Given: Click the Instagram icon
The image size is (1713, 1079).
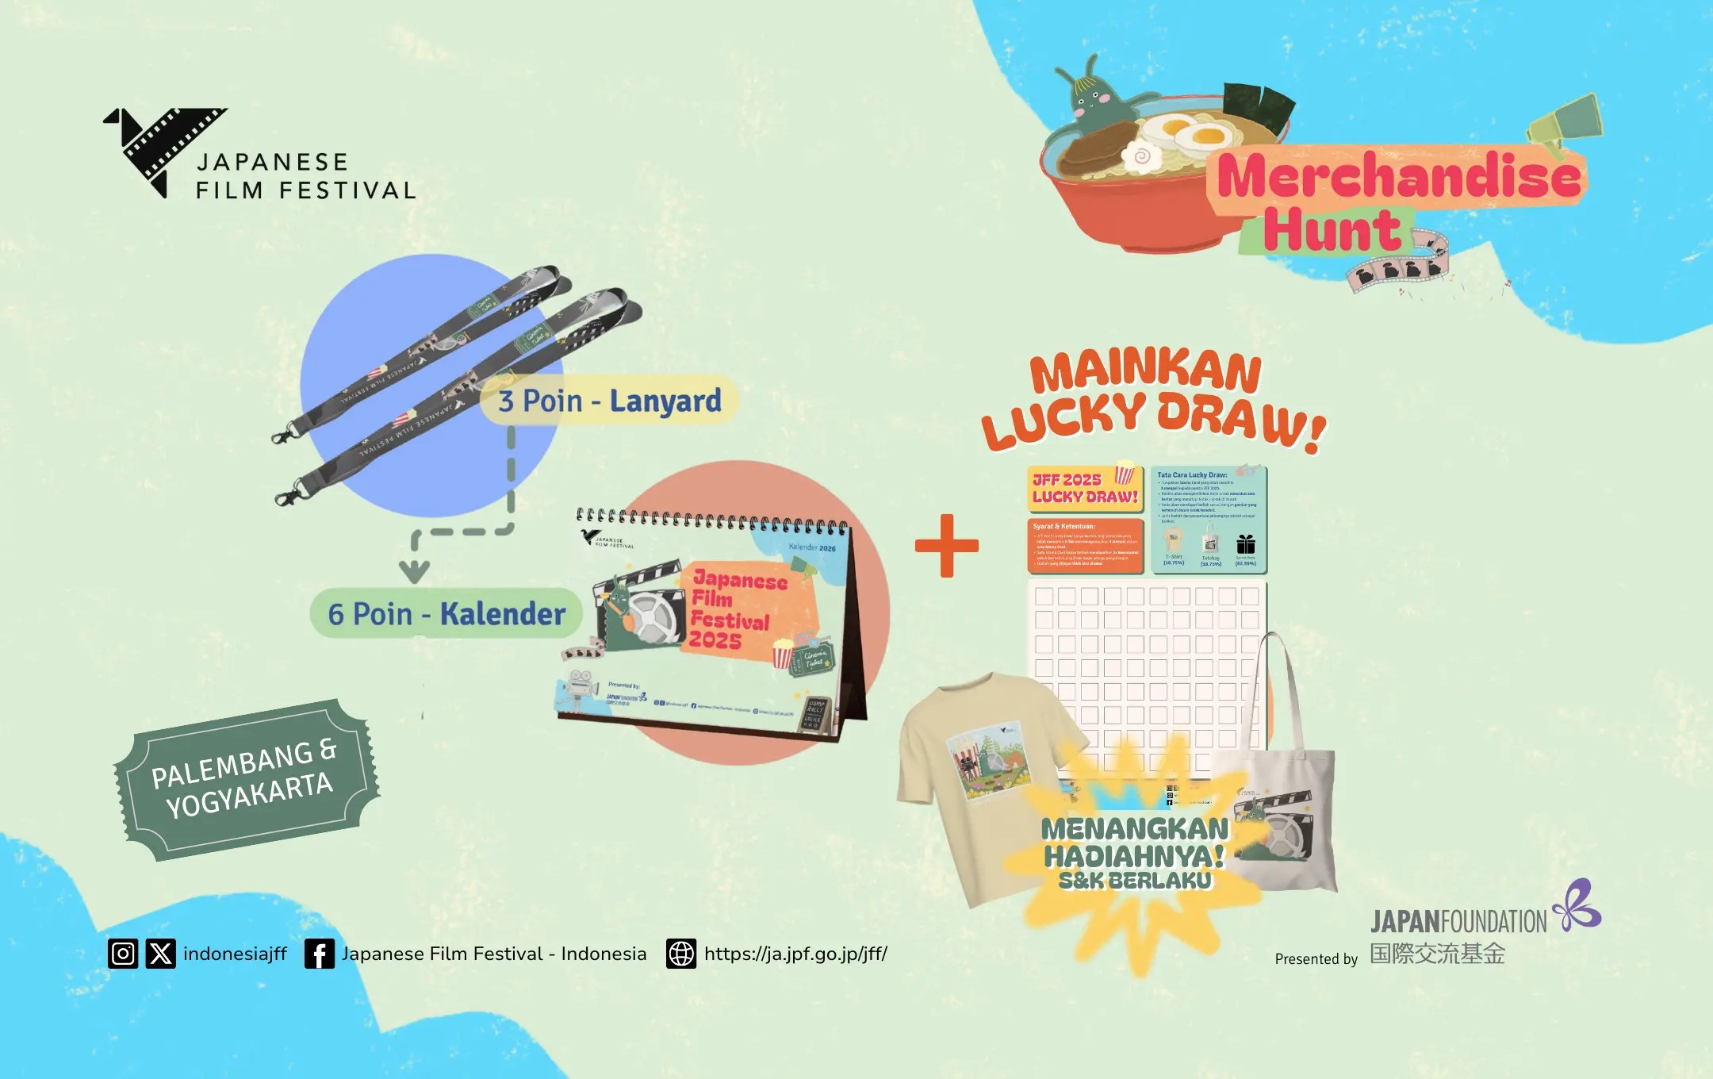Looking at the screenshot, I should click(123, 953).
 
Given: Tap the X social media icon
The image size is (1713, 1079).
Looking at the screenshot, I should click(161, 953).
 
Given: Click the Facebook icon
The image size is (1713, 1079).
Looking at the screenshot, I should click(319, 954).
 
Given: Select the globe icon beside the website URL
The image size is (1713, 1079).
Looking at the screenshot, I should click(680, 954).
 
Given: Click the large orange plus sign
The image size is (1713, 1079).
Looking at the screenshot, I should click(946, 546).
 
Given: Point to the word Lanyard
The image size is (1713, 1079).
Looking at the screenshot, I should click(665, 401).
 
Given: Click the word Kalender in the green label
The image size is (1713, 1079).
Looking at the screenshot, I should click(503, 614).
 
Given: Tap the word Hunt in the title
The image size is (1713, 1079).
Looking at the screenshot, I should click(1332, 232).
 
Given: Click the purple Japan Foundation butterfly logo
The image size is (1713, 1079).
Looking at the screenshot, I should click(1578, 906).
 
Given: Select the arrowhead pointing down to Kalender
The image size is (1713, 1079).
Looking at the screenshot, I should click(414, 570).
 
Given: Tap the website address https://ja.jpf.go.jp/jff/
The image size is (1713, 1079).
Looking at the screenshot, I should click(795, 954).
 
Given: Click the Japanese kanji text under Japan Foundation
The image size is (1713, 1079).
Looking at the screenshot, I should click(1437, 954).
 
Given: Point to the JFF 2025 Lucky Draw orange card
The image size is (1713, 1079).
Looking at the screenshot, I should click(1085, 489).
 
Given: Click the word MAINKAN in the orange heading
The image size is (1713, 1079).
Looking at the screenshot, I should click(1145, 372).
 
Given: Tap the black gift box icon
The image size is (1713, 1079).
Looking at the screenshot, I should click(1245, 544).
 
